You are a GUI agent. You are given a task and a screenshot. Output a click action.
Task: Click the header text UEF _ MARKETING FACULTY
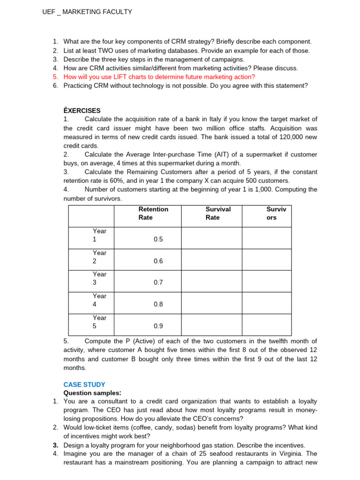pyautogui.click(x=87, y=12)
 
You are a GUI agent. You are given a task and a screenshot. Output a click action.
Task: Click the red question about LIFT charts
pyautogui.click(x=159, y=77)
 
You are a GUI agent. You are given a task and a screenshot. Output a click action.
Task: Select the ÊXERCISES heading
pyautogui.click(x=82, y=111)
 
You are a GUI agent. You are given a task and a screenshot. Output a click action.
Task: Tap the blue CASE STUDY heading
pyautogui.click(x=84, y=384)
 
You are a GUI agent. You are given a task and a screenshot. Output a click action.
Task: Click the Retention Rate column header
pyautogui.click(x=153, y=213)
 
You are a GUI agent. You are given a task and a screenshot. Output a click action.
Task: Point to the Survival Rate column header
pyautogui.click(x=218, y=213)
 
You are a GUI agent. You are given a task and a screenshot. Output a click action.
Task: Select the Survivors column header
pyautogui.click(x=276, y=213)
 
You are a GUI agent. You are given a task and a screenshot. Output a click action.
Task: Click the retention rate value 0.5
pyautogui.click(x=158, y=240)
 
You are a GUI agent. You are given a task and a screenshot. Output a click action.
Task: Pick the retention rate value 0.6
pyautogui.click(x=158, y=261)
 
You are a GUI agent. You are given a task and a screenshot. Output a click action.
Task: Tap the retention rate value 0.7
pyautogui.click(x=158, y=283)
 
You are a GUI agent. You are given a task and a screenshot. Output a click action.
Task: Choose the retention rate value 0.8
pyautogui.click(x=158, y=304)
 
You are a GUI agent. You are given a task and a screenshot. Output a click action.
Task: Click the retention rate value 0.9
pyautogui.click(x=158, y=326)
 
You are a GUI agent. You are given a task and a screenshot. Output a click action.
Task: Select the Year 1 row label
pyautogui.click(x=99, y=235)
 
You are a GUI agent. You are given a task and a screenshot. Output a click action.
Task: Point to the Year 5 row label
pyautogui.click(x=99, y=322)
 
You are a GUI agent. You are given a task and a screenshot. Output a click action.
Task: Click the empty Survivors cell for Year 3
pyautogui.click(x=266, y=281)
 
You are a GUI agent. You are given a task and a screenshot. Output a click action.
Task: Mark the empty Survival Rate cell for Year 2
pyautogui.click(x=211, y=260)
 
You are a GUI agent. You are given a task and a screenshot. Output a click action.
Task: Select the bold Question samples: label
pyautogui.click(x=92, y=393)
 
